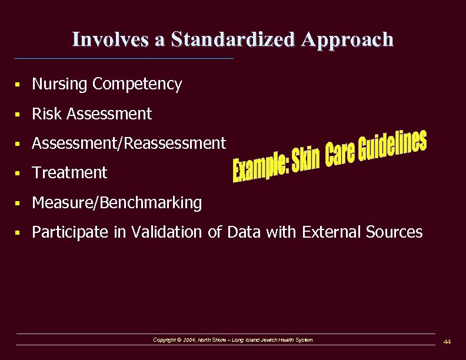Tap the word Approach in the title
pos(348,39)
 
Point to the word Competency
pos(137,84)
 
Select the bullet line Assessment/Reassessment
pos(129,143)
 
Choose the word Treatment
pos(69,172)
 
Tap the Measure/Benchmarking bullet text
pos(116,203)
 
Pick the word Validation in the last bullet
pos(167,232)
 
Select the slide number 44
pos(447,342)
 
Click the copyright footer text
pos(233,340)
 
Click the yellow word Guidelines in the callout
pos(391,148)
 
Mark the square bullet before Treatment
pos(20,174)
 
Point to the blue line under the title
pos(124,58)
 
